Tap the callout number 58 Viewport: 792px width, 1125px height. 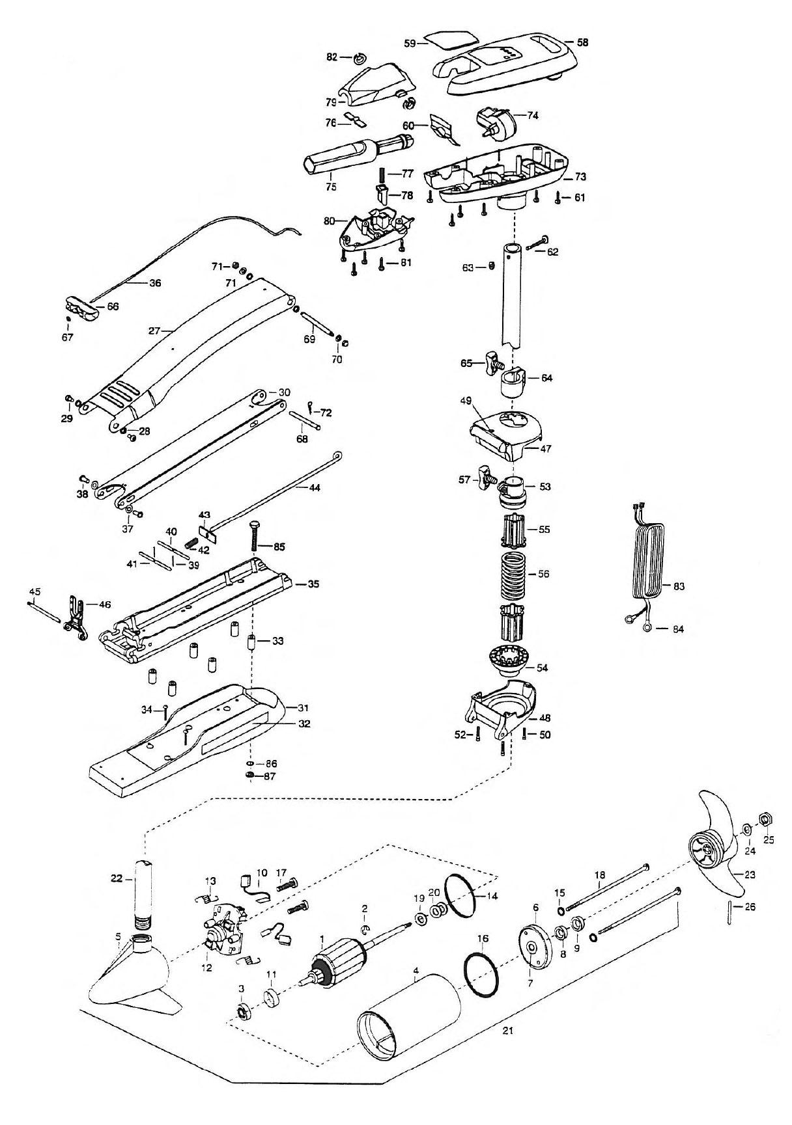tap(582, 42)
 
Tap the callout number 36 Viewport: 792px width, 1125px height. tap(155, 283)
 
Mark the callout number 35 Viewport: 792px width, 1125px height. tap(313, 584)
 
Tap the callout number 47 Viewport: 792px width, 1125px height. tap(546, 449)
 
